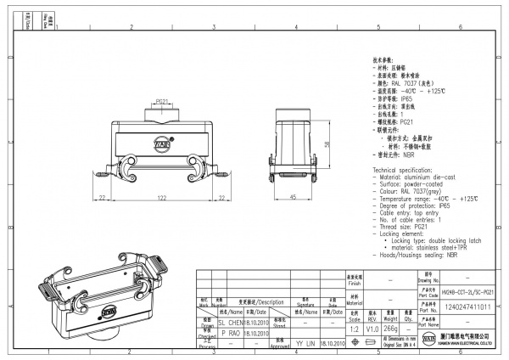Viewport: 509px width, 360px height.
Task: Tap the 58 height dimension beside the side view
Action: pyautogui.click(x=327, y=144)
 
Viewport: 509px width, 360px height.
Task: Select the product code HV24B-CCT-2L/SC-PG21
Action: pyautogui.click(x=468, y=291)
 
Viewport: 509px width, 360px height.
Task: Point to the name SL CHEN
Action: pyautogui.click(x=232, y=323)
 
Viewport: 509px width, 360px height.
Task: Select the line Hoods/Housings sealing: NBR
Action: pyautogui.click(x=416, y=253)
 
